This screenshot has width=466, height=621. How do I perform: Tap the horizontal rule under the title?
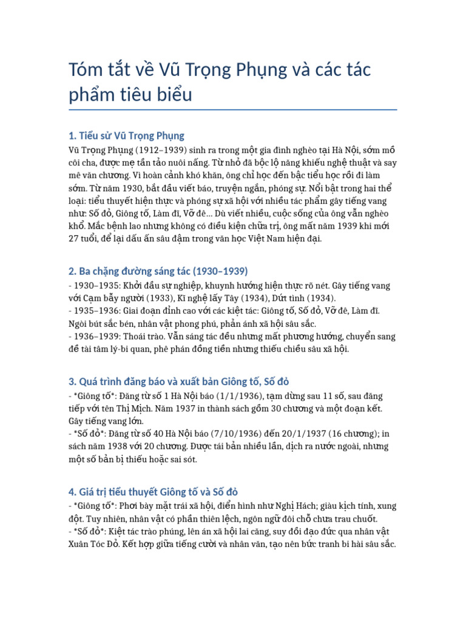233,110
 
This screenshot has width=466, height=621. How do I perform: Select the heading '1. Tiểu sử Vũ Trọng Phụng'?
127,135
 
